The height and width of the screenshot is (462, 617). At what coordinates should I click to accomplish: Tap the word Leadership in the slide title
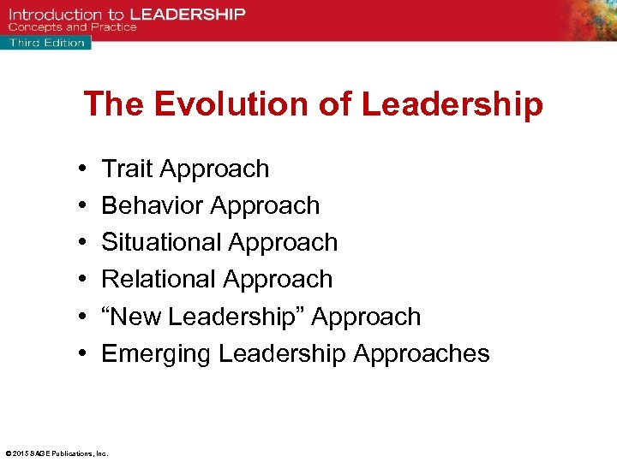(452, 104)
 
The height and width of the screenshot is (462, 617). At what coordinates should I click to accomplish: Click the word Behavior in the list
(152, 206)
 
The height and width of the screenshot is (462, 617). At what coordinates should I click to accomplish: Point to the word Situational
(159, 243)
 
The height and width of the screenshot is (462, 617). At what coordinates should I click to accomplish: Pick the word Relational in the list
(156, 280)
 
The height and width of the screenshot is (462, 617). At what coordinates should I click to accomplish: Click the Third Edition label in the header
(46, 42)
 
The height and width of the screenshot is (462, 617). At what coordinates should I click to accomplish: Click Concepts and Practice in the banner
(73, 27)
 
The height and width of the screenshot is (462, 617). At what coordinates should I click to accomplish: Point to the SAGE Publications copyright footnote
(57, 453)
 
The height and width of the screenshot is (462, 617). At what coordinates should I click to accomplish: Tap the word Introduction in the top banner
(56, 15)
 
